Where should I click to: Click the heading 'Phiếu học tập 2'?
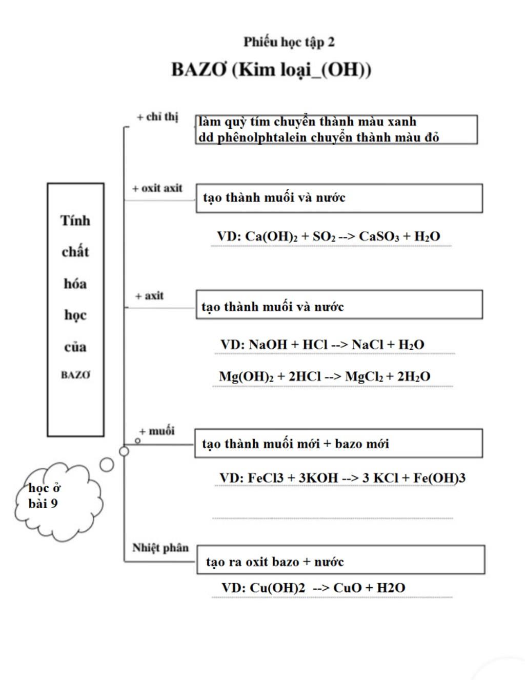click(289, 42)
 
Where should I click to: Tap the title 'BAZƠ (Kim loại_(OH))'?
click(271, 69)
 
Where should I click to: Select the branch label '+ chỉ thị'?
click(157, 117)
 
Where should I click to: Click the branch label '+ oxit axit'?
click(157, 188)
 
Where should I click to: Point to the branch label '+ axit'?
click(150, 296)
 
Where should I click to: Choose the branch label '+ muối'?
click(157, 431)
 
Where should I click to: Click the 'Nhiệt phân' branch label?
click(160, 548)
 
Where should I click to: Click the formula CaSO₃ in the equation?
click(379, 237)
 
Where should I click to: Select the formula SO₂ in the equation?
click(324, 237)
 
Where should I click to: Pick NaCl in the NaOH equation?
click(367, 345)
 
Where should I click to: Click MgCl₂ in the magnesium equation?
click(364, 377)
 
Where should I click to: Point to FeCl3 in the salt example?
click(266, 478)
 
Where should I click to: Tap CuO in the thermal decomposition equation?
click(347, 588)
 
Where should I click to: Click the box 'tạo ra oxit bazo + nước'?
click(340, 560)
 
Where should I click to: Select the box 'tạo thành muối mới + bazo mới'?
click(338, 444)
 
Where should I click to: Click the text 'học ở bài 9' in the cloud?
click(45, 495)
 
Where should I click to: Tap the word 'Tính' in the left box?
click(75, 221)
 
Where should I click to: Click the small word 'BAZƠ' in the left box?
click(75, 375)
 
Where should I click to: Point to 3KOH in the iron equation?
click(318, 478)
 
